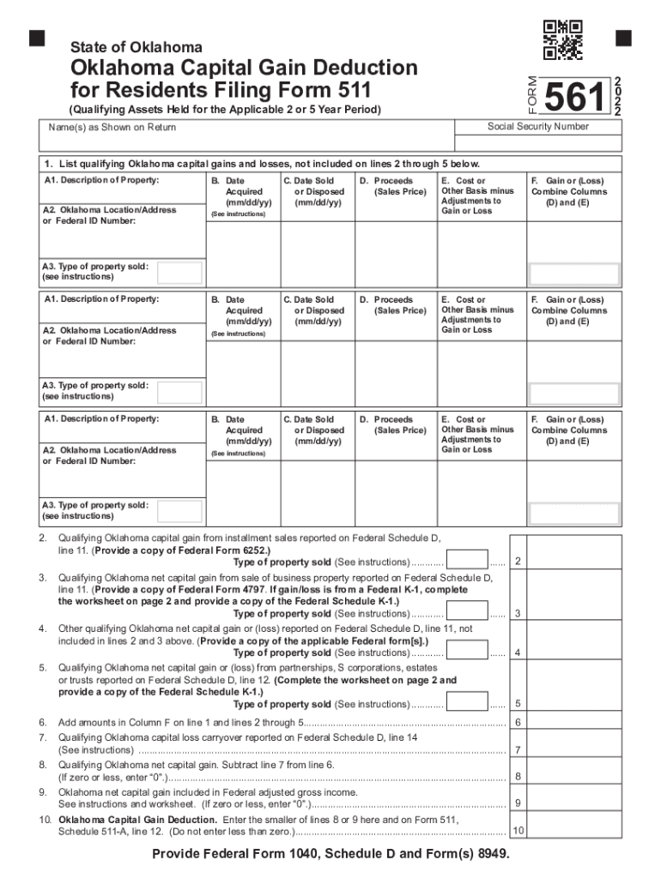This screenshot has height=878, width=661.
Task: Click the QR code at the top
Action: click(563, 39)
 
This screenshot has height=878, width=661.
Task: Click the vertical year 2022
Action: click(618, 94)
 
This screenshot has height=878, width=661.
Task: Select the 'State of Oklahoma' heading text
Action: click(136, 47)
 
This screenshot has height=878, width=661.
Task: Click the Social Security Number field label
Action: click(538, 127)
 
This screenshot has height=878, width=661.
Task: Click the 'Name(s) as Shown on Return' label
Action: click(112, 128)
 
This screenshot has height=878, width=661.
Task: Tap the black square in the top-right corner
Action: click(623, 38)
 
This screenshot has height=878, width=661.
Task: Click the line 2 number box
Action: click(518, 561)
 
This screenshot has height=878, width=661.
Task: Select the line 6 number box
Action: click(518, 722)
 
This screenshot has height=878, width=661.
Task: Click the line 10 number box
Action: click(518, 831)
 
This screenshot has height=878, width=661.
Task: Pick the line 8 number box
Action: click(518, 777)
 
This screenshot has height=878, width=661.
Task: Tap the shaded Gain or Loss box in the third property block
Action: click(573, 513)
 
